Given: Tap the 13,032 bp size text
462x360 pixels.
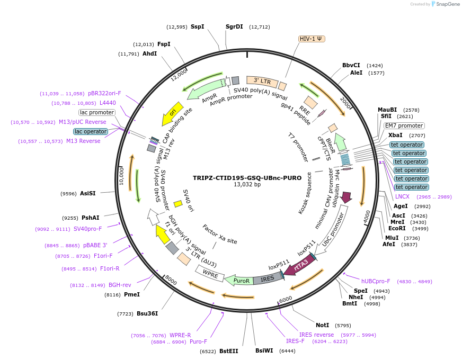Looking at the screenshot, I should pos(247,185).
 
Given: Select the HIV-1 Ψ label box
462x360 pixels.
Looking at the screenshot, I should pos(312,39).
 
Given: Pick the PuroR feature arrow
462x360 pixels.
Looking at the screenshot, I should pos(239,280).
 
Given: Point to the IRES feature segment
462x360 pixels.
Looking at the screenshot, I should pos(268,278).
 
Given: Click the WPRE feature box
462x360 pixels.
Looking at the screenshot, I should pos(210,274).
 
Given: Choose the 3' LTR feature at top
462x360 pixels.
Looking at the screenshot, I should pos(262,81).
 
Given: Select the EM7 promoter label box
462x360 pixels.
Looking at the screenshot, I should pos(404,126).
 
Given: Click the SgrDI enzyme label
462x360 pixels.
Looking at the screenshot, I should pos(234,26).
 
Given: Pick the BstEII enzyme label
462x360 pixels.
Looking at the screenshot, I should pos(229,351).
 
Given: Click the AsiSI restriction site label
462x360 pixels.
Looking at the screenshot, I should pos(88,194).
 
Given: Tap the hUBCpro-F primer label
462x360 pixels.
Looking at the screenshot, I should pos(376,281).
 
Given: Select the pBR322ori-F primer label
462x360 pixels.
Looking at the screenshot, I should pos(105,93).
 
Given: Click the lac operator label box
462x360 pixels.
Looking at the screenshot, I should pos(90,131).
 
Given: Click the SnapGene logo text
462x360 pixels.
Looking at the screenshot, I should pos(447,4).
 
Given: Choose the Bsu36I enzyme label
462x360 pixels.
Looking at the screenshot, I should pos(146,314).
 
